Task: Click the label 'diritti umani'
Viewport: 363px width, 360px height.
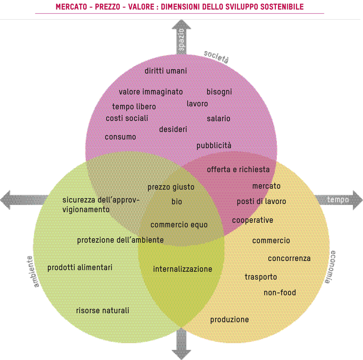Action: [166, 71]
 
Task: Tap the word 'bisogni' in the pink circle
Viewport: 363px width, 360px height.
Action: [219, 92]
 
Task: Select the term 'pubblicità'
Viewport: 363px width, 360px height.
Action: [214, 146]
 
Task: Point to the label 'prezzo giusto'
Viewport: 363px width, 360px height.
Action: [171, 187]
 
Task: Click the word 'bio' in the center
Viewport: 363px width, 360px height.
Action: [177, 202]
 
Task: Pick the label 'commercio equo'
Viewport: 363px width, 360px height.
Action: [179, 225]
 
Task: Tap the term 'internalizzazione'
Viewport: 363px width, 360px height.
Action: [183, 269]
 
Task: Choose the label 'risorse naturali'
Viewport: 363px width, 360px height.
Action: [102, 311]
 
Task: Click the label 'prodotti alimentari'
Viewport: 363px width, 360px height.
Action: [80, 268]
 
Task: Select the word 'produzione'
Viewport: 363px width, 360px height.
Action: [229, 320]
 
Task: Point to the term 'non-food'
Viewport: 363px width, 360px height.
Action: [280, 293]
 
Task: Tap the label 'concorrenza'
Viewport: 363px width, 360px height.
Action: [289, 259]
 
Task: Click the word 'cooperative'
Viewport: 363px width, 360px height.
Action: [253, 220]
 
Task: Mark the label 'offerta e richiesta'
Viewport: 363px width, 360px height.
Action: [238, 170]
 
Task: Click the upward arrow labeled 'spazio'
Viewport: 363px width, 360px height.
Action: [181, 36]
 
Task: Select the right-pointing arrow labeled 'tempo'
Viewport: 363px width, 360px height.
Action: [339, 200]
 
